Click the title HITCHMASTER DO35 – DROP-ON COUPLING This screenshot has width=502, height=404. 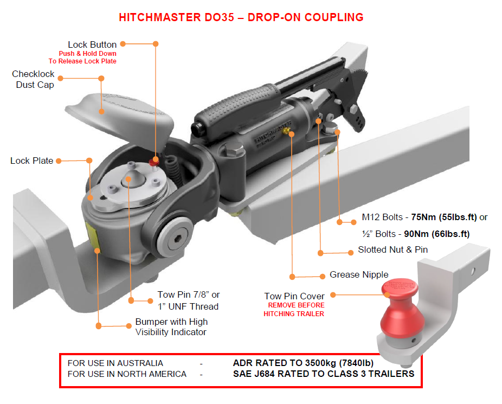pos(241,17)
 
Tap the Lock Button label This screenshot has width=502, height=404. pos(92,44)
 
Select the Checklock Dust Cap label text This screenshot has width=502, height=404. pos(33,79)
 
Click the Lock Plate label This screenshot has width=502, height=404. pos(31,161)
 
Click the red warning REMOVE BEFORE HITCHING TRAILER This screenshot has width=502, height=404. pos(294,310)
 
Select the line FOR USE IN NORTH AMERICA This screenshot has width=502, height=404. pos(127,374)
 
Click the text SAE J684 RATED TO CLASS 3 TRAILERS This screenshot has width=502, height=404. pos(323,374)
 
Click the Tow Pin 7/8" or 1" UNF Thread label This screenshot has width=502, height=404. pos(188,300)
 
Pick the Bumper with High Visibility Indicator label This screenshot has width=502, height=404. pos(171,326)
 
